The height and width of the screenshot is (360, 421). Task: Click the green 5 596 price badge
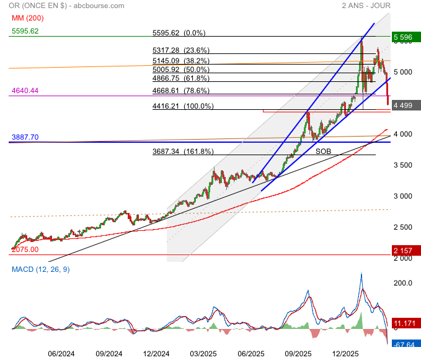(406, 37)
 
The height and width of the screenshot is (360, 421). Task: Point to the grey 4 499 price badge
(406, 105)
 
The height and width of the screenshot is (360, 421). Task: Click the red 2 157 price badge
(406, 250)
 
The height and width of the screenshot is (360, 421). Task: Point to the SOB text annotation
(323, 151)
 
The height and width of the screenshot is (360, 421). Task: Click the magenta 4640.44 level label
(25, 91)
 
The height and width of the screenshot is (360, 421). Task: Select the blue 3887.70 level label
(25, 137)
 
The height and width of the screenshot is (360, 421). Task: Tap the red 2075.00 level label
(25, 249)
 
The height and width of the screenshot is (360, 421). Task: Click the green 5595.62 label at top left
(25, 30)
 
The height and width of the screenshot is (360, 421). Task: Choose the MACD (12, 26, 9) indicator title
(40, 269)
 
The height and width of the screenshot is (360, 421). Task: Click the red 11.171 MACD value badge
(406, 323)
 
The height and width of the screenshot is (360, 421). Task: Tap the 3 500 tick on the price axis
(402, 165)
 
